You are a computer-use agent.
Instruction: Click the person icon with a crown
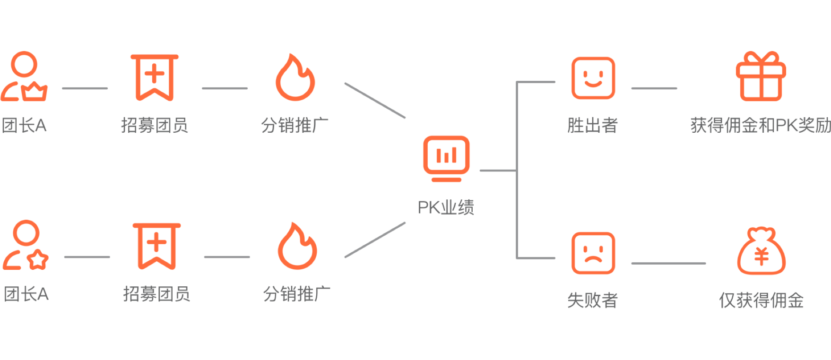click(x=24, y=77)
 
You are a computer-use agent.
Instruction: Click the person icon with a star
click(x=26, y=245)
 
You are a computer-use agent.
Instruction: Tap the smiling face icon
click(x=593, y=78)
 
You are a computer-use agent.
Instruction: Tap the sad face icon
click(x=593, y=253)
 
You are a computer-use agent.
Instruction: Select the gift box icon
click(x=761, y=77)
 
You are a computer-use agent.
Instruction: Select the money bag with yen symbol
click(x=761, y=252)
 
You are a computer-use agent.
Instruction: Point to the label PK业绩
click(x=446, y=207)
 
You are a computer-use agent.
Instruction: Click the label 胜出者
click(x=593, y=125)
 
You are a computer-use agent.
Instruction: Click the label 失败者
click(x=593, y=300)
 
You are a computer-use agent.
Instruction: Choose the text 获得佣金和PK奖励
click(x=760, y=125)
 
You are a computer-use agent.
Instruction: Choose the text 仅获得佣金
click(x=761, y=300)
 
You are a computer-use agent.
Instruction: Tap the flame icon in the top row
click(x=295, y=78)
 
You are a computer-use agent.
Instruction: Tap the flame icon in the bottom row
click(x=297, y=247)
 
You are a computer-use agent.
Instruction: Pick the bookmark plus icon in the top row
click(x=155, y=77)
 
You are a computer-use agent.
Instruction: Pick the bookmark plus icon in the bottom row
click(x=156, y=246)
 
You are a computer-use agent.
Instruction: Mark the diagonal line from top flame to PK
click(x=375, y=100)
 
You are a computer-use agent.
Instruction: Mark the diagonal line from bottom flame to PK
click(x=375, y=240)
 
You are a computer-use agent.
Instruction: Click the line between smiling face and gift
click(x=654, y=88)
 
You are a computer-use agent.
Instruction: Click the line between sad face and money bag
click(x=668, y=264)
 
